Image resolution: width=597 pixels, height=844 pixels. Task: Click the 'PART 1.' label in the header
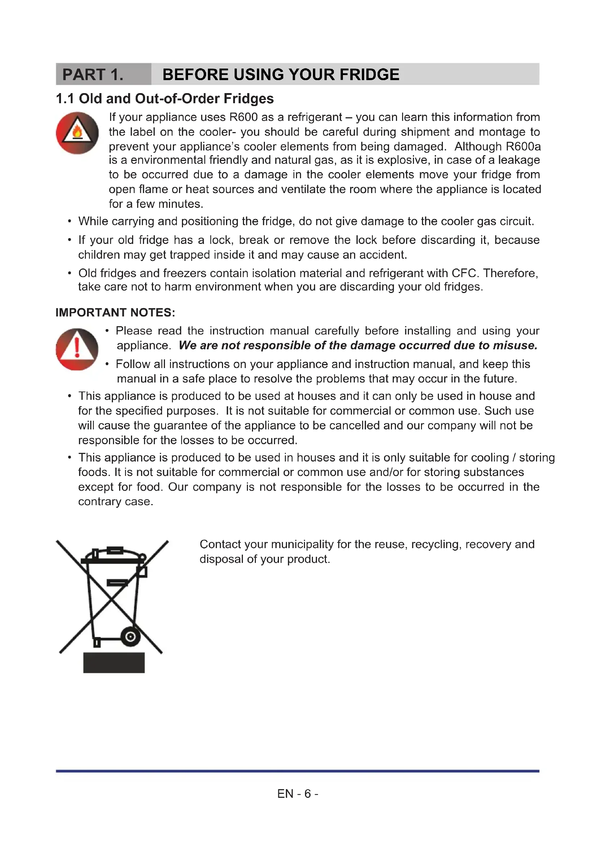(x=93, y=75)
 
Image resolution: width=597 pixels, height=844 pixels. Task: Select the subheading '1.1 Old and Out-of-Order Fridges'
(x=165, y=99)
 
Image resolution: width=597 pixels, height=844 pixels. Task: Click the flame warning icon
(x=77, y=133)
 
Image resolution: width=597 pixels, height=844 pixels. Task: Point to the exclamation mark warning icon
(x=77, y=349)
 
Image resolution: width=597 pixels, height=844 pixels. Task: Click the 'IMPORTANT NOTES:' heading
(x=116, y=312)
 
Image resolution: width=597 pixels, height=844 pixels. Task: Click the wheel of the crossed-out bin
(x=130, y=637)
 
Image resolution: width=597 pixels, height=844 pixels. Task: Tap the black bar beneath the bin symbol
(x=114, y=663)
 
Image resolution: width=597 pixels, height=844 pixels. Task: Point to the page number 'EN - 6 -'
(x=298, y=794)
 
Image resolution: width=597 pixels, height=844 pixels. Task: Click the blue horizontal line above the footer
(x=298, y=771)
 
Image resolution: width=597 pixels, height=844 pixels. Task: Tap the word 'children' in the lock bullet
(x=98, y=255)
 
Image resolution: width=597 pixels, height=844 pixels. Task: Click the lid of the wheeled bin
(x=114, y=560)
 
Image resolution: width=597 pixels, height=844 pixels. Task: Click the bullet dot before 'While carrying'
(x=69, y=221)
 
